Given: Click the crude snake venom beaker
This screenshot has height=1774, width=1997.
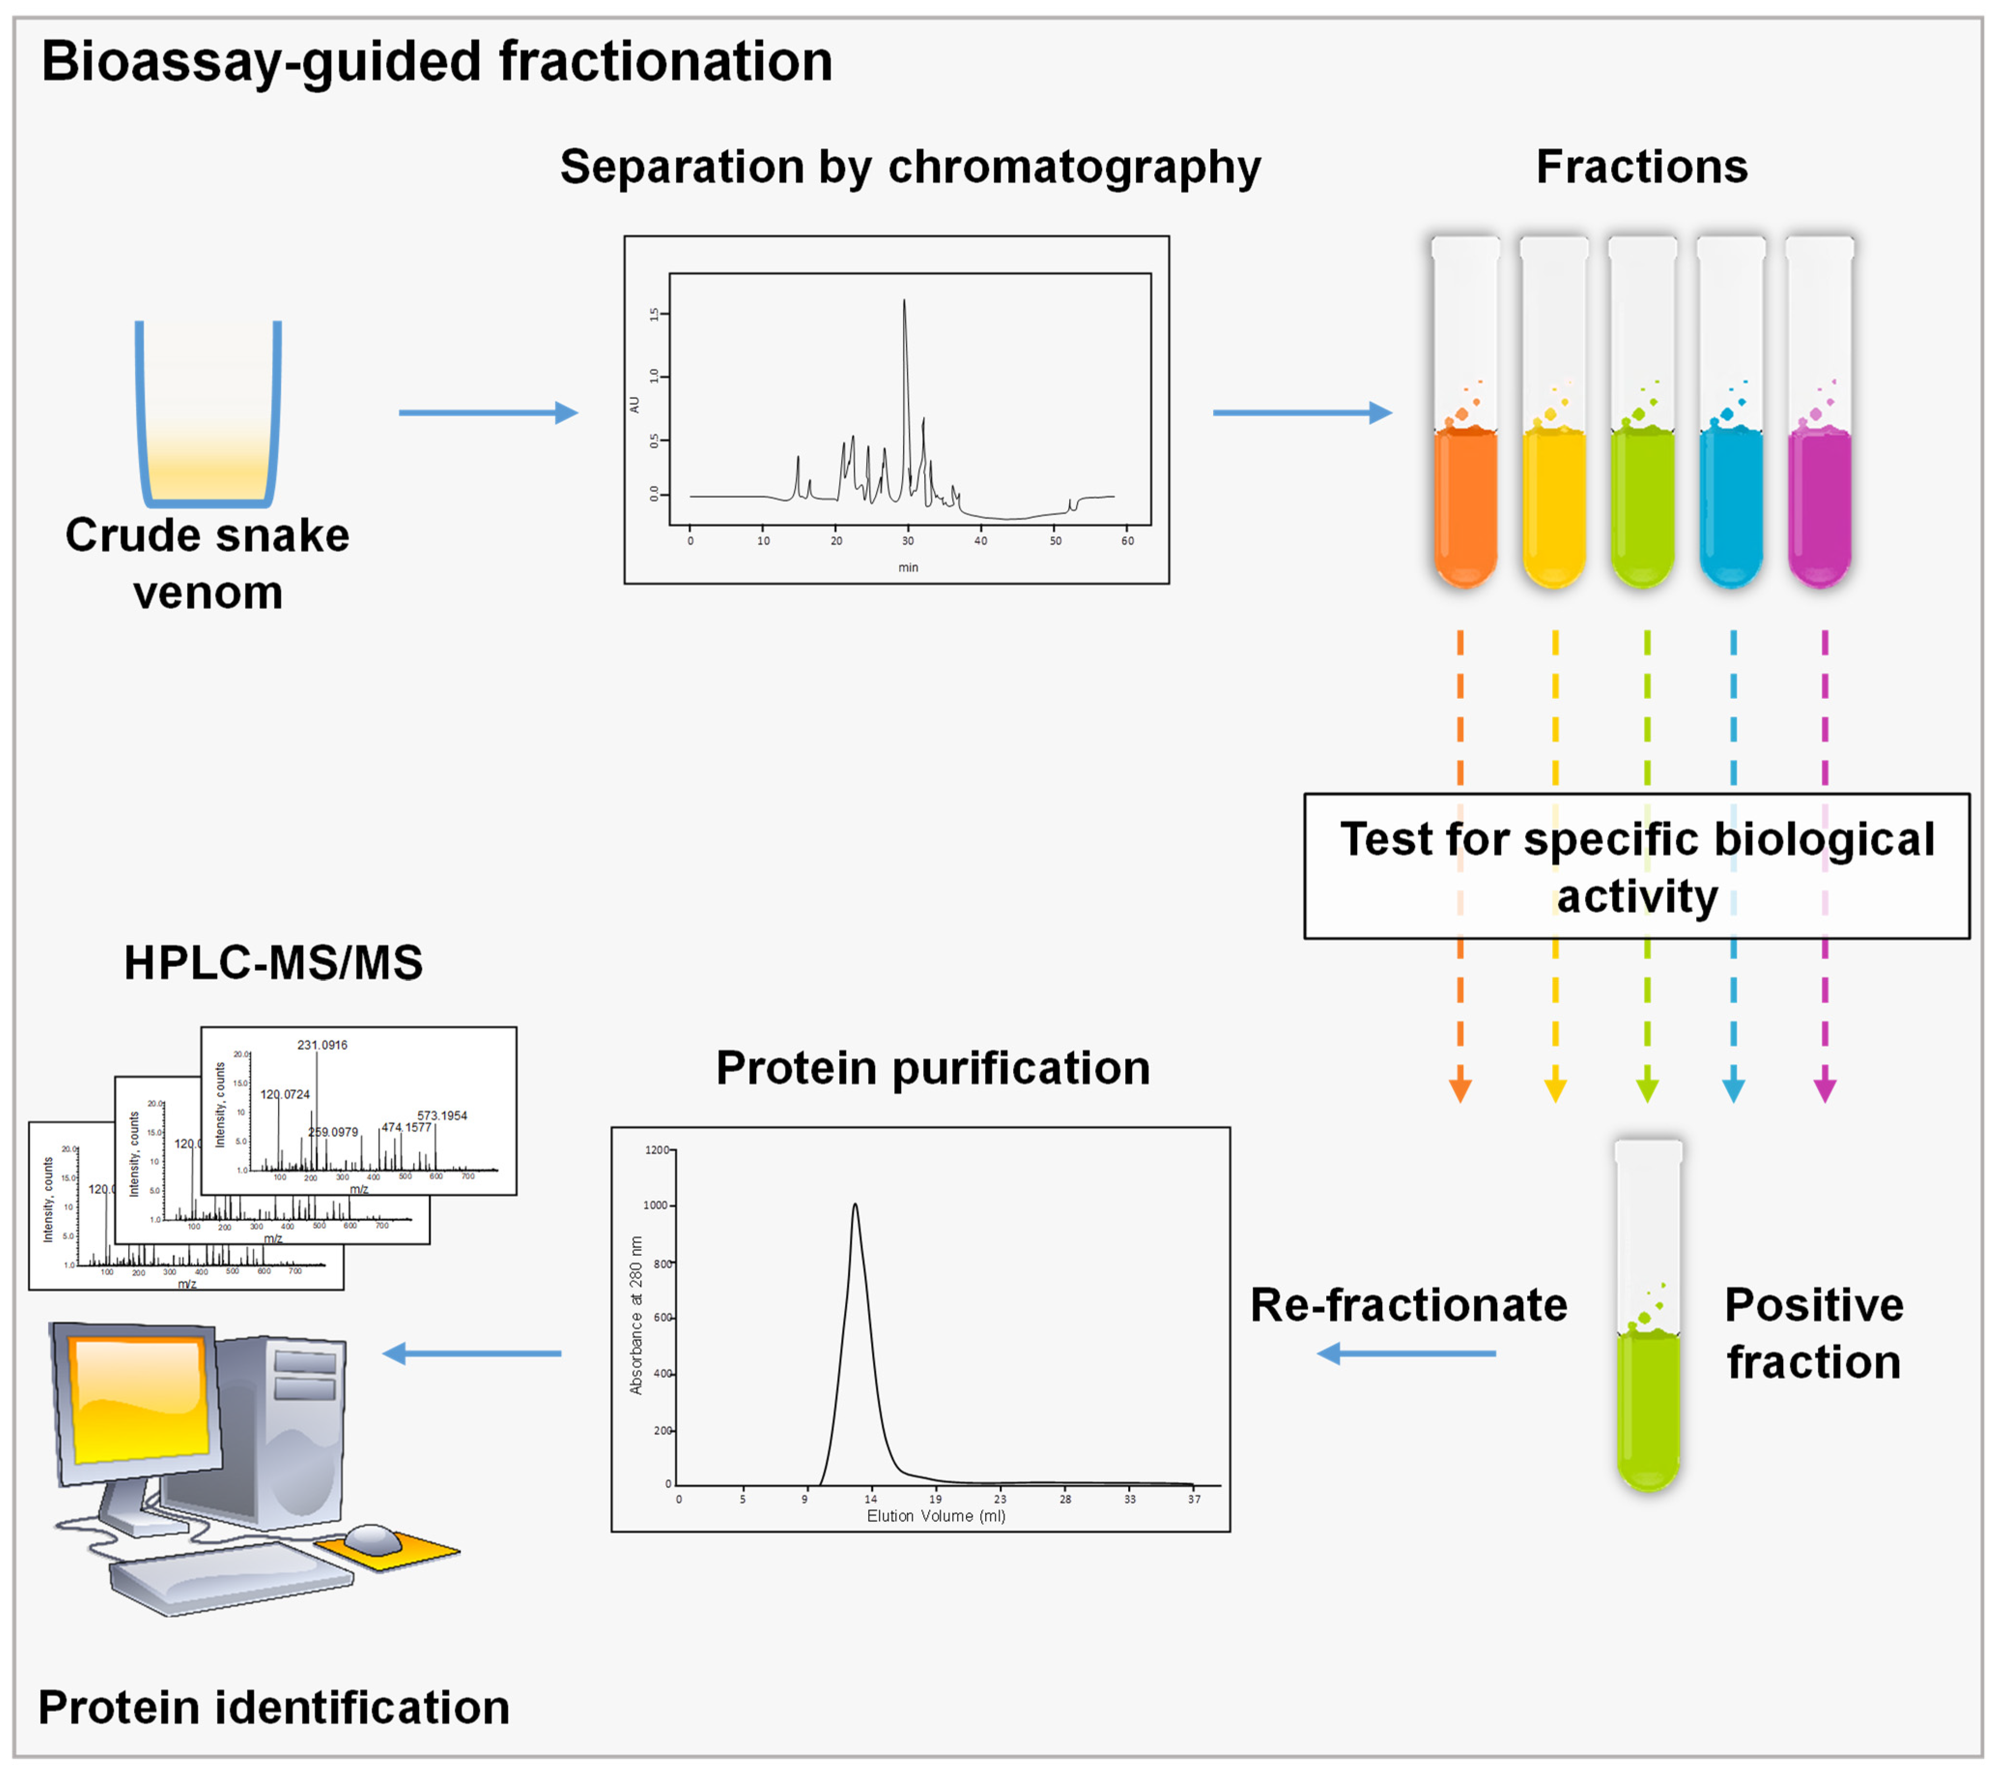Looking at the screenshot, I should (x=208, y=415).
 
